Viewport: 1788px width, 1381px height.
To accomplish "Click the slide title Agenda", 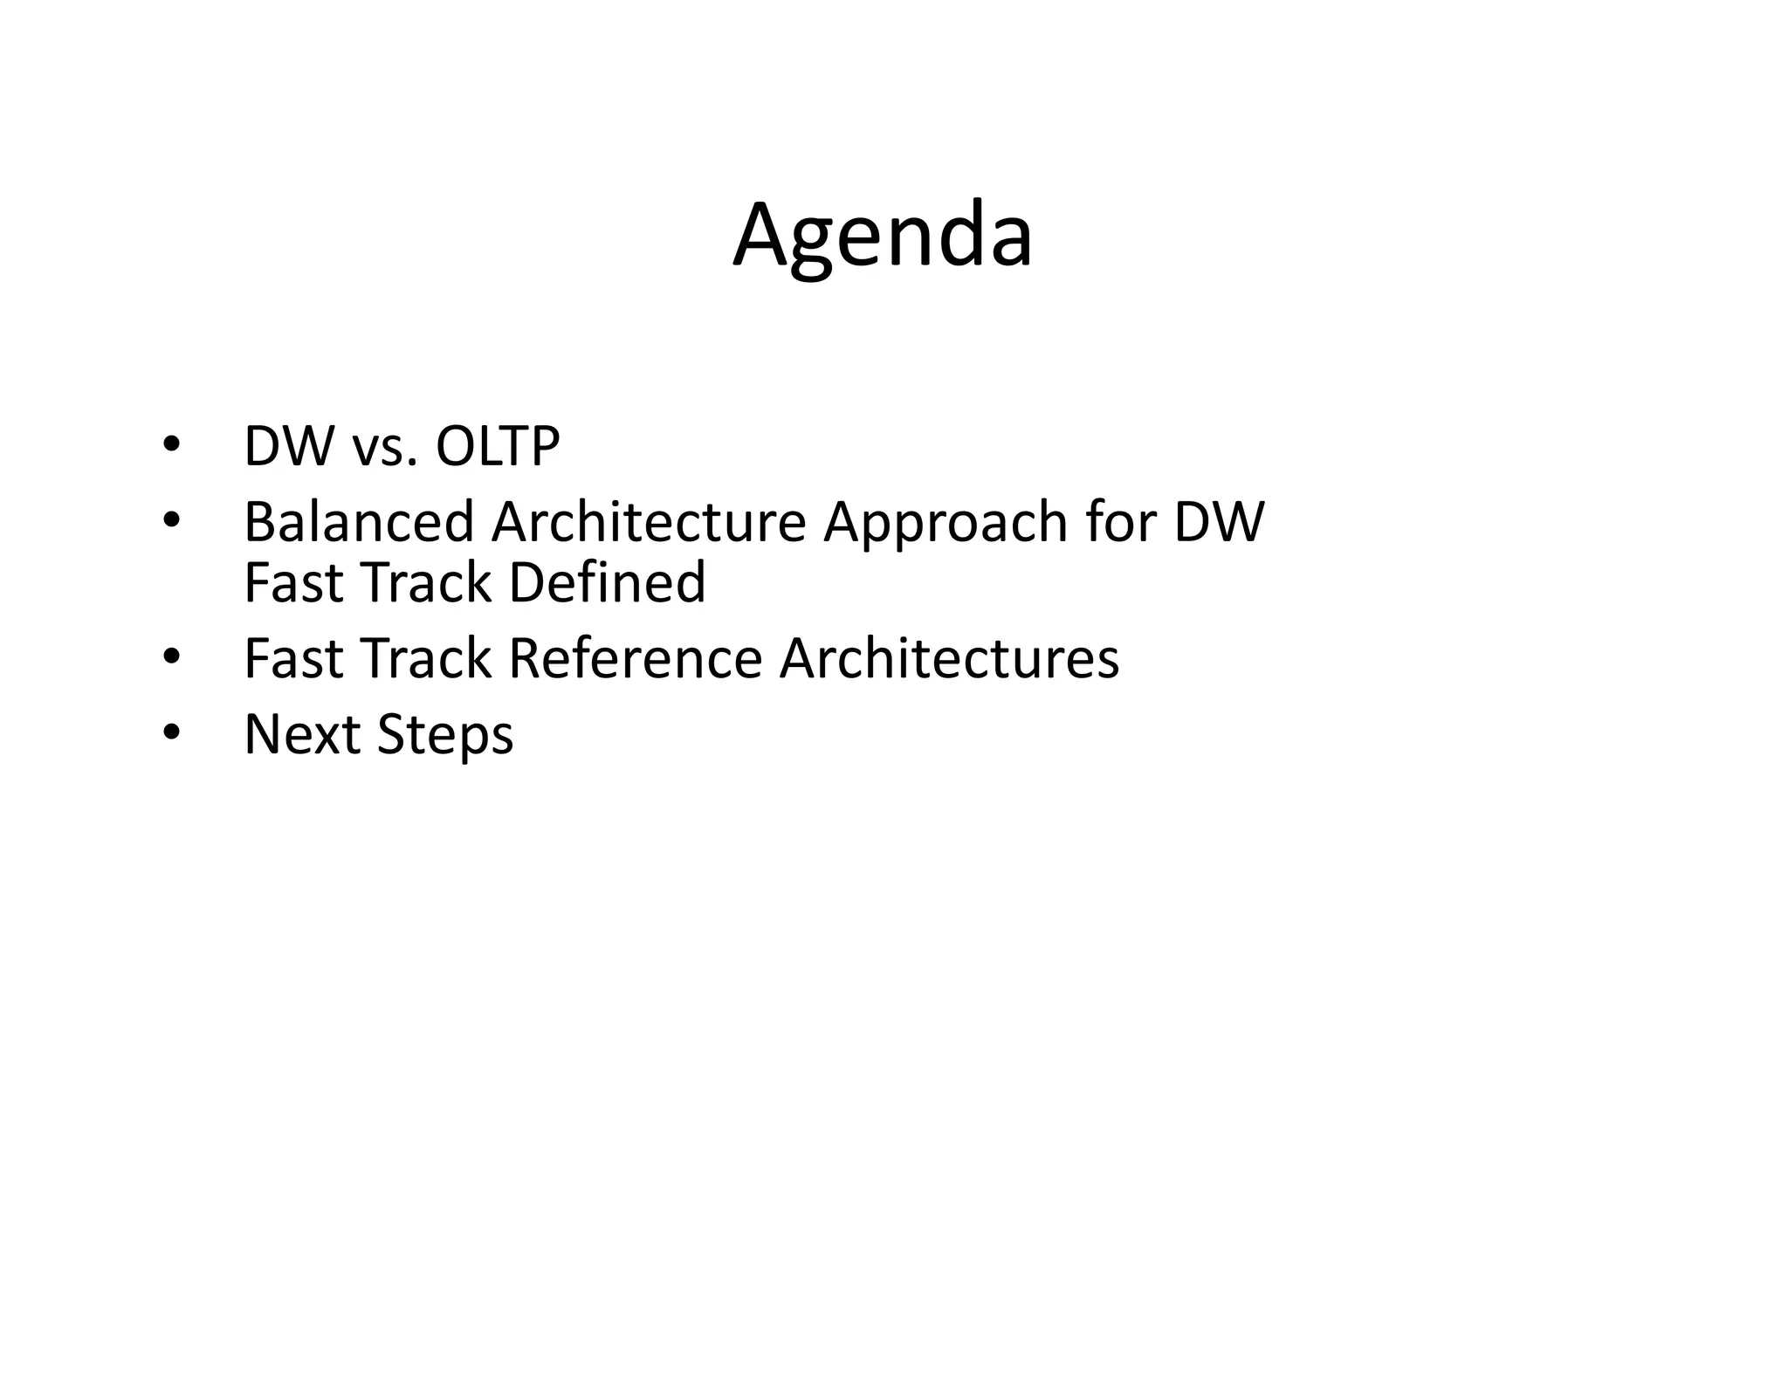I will click(883, 236).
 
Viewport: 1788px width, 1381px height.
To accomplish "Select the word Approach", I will click(946, 524).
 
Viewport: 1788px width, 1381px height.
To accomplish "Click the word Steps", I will click(445, 736).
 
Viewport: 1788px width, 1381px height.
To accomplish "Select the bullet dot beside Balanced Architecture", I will click(170, 520).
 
